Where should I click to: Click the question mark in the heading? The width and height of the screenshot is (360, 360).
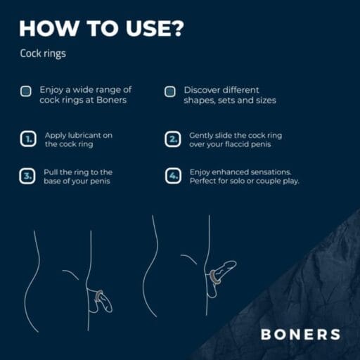tap(177, 28)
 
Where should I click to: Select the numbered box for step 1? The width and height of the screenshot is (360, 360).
tap(28, 139)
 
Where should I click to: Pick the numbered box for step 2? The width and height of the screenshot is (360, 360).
tap(172, 139)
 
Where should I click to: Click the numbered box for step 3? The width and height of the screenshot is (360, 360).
tap(27, 176)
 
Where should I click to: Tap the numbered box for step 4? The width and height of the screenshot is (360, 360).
tap(173, 176)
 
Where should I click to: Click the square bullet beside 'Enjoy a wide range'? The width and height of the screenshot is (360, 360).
tap(26, 91)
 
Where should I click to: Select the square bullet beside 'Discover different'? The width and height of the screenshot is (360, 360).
tap(170, 91)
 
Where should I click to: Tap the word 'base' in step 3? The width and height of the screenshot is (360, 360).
tap(52, 181)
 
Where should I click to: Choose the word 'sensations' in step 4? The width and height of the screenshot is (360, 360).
tap(271, 172)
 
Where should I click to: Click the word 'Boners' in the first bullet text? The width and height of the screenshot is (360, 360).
tap(112, 100)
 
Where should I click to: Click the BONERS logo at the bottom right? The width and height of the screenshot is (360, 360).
tap(300, 334)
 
